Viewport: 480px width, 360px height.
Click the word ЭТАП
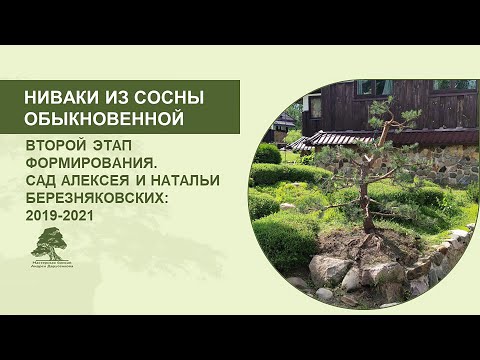pyautogui.click(x=112, y=146)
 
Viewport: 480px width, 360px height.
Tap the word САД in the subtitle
pyautogui.click(x=44, y=180)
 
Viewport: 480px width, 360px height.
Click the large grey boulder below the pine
pyautogui.click(x=329, y=268)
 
